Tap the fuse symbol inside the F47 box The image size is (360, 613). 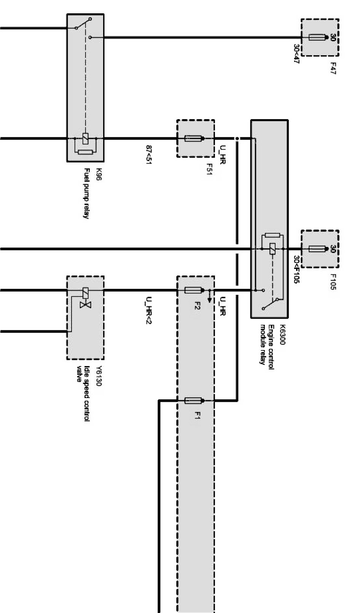[317, 37]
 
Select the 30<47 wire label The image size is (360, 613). [296, 54]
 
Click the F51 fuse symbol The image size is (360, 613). [193, 139]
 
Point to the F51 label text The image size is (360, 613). [209, 169]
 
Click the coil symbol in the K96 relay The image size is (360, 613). [86, 139]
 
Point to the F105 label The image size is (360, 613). [333, 282]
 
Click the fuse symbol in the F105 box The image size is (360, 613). [317, 249]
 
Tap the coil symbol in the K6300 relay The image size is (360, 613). [272, 249]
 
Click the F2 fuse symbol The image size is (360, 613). [193, 291]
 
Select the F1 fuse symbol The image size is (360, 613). [193, 400]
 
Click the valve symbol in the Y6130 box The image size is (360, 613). [83, 304]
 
